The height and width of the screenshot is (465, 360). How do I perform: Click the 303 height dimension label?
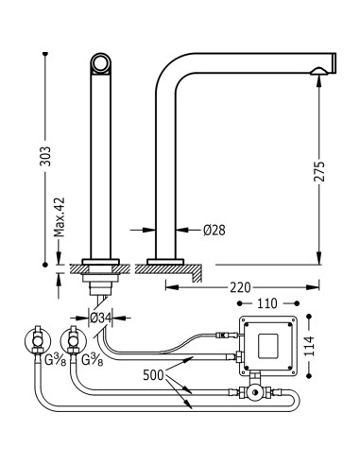(x=45, y=156)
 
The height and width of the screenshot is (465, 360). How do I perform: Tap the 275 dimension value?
(x=318, y=171)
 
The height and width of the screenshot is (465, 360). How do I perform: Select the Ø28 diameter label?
(x=214, y=231)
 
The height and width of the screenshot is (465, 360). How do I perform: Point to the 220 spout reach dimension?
(x=240, y=287)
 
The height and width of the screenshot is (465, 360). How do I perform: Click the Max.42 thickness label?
(x=59, y=216)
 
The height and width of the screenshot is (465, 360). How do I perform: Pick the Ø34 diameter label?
(x=100, y=319)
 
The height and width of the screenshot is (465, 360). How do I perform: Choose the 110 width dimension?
(x=267, y=303)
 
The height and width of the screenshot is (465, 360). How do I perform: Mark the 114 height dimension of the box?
(x=309, y=346)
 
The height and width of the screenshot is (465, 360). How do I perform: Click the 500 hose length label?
(x=153, y=375)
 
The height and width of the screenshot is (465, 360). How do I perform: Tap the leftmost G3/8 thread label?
(x=56, y=360)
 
